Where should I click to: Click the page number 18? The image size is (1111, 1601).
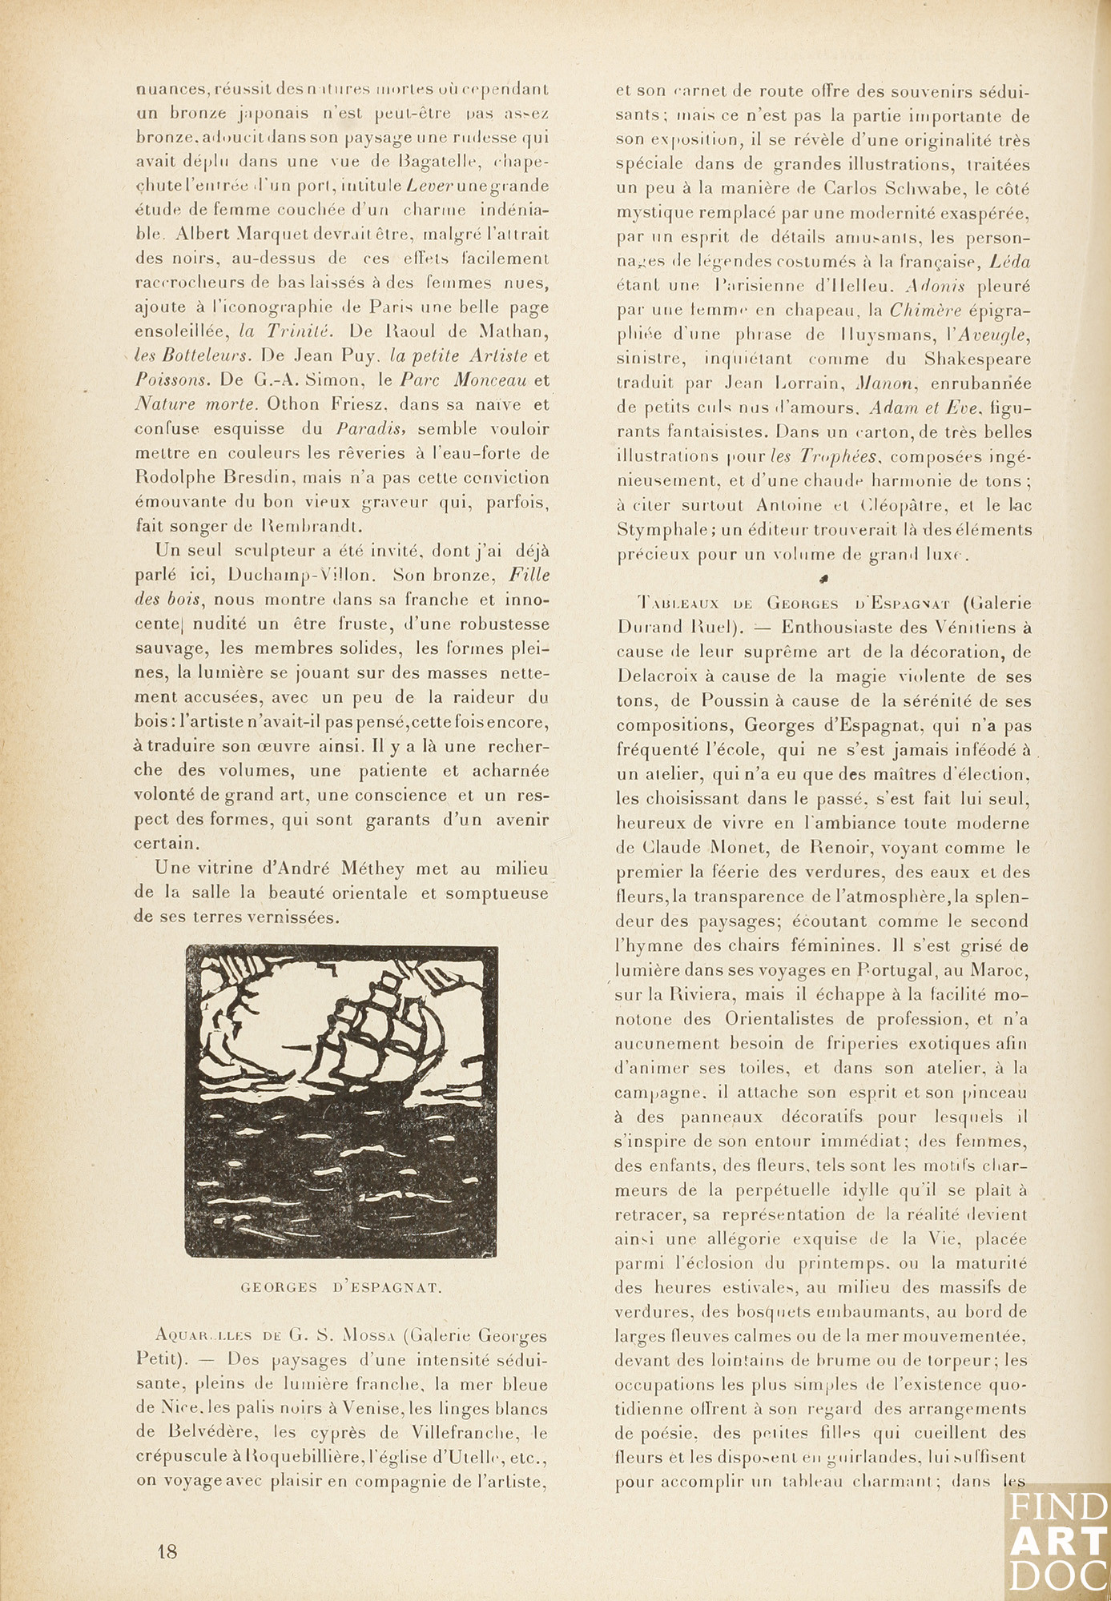click(167, 1550)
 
